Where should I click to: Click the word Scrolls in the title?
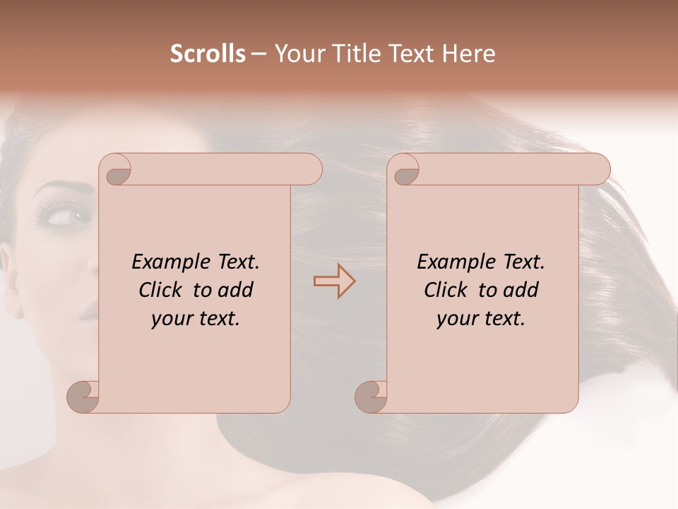click(x=208, y=54)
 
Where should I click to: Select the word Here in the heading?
click(x=470, y=54)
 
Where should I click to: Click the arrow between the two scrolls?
click(x=334, y=281)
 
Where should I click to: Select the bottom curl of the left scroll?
click(x=83, y=396)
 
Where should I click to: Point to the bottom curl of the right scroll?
click(x=371, y=396)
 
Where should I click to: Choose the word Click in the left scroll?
click(x=163, y=290)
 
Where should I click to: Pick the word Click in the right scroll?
click(x=448, y=290)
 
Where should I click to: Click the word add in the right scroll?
click(x=520, y=290)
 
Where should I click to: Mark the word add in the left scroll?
click(x=234, y=290)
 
